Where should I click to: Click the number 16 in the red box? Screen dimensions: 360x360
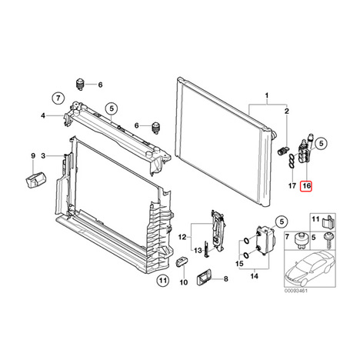click(307, 185)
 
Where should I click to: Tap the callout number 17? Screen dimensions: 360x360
click(292, 185)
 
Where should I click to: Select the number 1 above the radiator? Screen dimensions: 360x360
click(267, 96)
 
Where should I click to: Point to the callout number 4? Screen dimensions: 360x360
click(43, 115)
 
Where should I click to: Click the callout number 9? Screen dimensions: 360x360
click(33, 155)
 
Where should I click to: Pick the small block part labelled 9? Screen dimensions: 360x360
click(35, 180)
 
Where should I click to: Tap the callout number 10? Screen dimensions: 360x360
click(184, 282)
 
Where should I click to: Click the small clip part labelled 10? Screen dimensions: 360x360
click(182, 262)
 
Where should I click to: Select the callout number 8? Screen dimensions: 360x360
click(225, 278)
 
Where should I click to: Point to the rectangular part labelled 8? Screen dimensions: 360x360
click(205, 278)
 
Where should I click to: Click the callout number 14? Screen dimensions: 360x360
click(255, 276)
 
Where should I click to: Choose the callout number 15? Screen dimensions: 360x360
click(240, 264)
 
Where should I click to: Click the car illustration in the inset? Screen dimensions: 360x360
click(309, 268)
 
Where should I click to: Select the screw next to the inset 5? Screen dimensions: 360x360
click(328, 240)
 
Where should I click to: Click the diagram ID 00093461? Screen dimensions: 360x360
click(295, 291)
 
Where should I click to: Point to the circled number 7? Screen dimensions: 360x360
click(58, 98)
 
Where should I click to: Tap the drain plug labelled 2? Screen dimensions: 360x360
click(283, 151)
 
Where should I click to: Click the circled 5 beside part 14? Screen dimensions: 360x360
click(282, 222)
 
